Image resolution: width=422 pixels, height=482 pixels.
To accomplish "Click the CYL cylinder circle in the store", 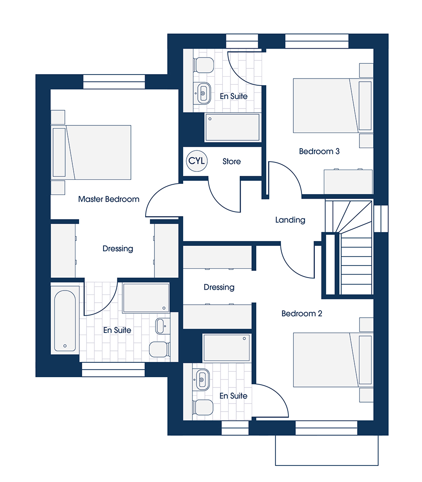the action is click(197, 161).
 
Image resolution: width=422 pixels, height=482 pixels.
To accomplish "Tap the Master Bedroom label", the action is click(109, 199).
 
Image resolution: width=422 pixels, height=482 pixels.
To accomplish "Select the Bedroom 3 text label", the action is click(319, 151).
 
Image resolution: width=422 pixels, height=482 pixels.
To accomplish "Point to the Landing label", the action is click(290, 220).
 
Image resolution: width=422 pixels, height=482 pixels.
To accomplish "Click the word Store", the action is click(232, 162).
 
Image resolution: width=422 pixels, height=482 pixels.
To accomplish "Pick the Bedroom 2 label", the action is click(302, 314).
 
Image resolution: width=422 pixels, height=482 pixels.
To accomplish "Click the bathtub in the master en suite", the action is click(65, 320).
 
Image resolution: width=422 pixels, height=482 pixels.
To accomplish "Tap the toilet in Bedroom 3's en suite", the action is click(203, 65).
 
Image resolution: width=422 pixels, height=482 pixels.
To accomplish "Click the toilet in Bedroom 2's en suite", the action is click(203, 407).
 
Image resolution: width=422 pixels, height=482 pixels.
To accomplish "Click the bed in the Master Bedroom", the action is click(91, 153).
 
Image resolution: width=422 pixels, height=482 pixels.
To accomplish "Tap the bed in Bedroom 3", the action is click(333, 106).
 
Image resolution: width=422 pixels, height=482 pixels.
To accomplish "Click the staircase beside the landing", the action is click(349, 247).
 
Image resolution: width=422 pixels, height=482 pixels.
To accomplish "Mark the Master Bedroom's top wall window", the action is click(114, 82).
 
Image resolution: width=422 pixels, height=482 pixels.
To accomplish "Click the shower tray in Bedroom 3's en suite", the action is click(233, 128).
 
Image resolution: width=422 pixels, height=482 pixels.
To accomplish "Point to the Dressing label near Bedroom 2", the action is click(219, 287).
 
